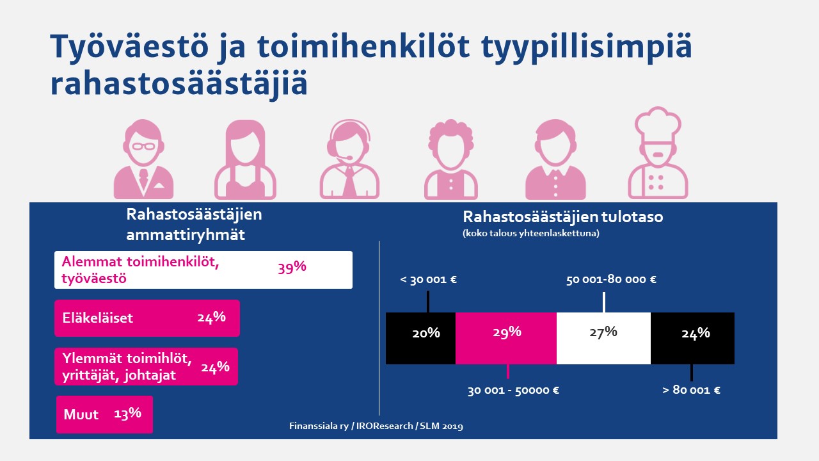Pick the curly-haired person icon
(452, 160)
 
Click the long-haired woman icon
(246, 160)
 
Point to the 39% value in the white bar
(292, 268)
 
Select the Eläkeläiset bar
(147, 318)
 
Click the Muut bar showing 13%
(104, 414)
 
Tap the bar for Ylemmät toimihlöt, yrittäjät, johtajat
(146, 367)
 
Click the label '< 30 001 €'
(429, 280)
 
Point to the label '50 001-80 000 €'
(611, 280)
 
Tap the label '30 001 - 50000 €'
(513, 391)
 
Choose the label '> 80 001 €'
(691, 391)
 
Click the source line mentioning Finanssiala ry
(375, 426)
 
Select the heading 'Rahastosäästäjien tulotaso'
(562, 217)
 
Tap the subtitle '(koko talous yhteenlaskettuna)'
(530, 234)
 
